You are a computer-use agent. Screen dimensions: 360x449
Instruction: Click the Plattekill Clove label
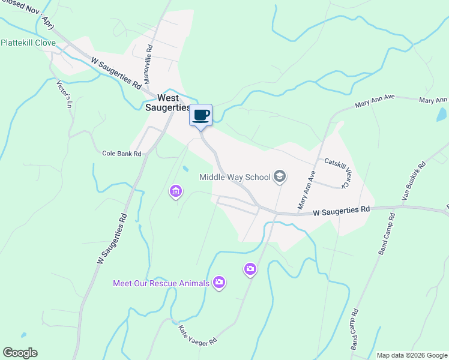(28, 43)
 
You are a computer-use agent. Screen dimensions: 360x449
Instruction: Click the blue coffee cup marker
(201, 115)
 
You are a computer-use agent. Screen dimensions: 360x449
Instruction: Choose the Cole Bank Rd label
(121, 154)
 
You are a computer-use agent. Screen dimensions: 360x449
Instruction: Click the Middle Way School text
(235, 177)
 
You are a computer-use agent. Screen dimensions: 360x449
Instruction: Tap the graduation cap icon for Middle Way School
(279, 176)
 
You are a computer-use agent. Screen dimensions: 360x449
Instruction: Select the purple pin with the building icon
(176, 191)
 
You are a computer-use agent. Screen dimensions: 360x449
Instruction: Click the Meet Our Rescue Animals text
(161, 283)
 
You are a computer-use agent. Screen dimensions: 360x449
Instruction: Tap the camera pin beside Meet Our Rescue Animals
(219, 282)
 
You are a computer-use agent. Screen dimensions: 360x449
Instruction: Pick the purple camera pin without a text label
(250, 269)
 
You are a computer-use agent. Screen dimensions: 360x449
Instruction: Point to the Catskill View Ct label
(337, 172)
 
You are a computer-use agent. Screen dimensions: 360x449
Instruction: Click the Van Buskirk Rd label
(413, 181)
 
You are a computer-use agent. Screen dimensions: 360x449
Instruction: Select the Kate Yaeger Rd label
(197, 334)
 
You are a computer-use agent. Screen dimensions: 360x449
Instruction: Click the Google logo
(20, 353)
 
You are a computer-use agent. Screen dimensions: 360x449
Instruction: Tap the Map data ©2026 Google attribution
(412, 355)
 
